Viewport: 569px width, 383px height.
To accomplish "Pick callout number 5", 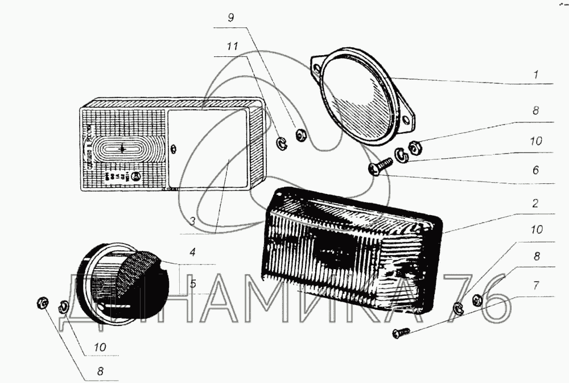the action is click(193, 283).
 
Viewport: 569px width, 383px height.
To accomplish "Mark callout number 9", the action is click(230, 18).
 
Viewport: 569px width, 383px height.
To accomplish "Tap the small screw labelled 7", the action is click(400, 333).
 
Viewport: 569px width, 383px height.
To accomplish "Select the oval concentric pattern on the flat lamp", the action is click(123, 149).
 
